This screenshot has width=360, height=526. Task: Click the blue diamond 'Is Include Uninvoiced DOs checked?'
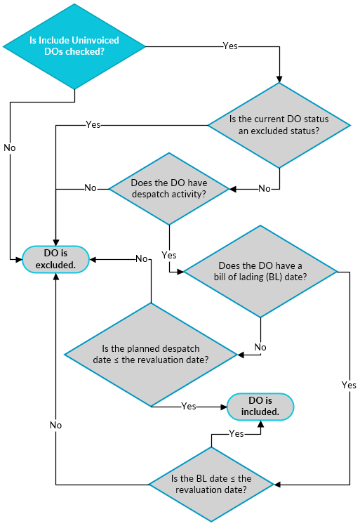pos(74,46)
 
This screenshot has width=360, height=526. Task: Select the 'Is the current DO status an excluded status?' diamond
pos(279,125)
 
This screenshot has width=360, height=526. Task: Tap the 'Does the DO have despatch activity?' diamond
pos(168,188)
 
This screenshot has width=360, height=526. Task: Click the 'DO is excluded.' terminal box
pos(55,258)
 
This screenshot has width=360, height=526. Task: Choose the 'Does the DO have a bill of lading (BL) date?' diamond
pos(260,271)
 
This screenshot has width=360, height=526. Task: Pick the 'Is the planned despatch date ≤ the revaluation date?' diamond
pos(151,355)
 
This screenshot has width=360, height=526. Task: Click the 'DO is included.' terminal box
pos(260,406)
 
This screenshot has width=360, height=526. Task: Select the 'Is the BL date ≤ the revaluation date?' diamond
pos(211,484)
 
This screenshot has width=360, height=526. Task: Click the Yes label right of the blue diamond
pos(229,46)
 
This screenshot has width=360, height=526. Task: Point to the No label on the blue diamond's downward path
pos(10,148)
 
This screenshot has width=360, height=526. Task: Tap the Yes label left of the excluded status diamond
pos(93,124)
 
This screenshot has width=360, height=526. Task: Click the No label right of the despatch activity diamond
pos(265,188)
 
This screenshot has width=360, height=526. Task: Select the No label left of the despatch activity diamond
pos(91,188)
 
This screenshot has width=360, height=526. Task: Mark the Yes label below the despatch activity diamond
pos(168,254)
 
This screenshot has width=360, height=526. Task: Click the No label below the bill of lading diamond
pos(260,347)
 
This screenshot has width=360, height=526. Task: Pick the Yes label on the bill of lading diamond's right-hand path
pos(349,385)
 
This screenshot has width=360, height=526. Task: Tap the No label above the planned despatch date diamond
pos(141,258)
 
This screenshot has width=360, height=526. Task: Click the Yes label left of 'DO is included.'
pos(188,406)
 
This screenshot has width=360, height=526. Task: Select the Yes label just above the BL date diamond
pos(236,433)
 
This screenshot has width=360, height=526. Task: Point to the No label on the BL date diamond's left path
pos(55,425)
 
